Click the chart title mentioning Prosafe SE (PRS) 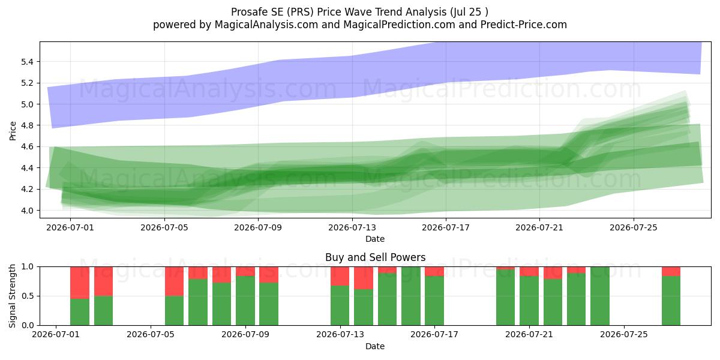[359, 12]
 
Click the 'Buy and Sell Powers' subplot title [375, 257]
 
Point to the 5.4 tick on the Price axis [28, 62]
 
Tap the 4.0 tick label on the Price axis [28, 211]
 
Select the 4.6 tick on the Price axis [28, 146]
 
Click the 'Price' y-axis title [13, 131]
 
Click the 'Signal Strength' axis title [12, 296]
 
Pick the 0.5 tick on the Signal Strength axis [28, 296]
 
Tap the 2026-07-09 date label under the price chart [258, 227]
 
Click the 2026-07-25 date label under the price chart [634, 227]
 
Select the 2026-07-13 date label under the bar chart [340, 334]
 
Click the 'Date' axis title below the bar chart [375, 346]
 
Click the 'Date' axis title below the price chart [375, 239]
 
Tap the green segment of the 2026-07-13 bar [340, 305]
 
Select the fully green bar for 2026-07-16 [411, 296]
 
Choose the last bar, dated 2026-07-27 [671, 296]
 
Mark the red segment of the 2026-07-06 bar [174, 281]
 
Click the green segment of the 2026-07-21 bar [529, 301]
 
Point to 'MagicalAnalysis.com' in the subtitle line [266, 25]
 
